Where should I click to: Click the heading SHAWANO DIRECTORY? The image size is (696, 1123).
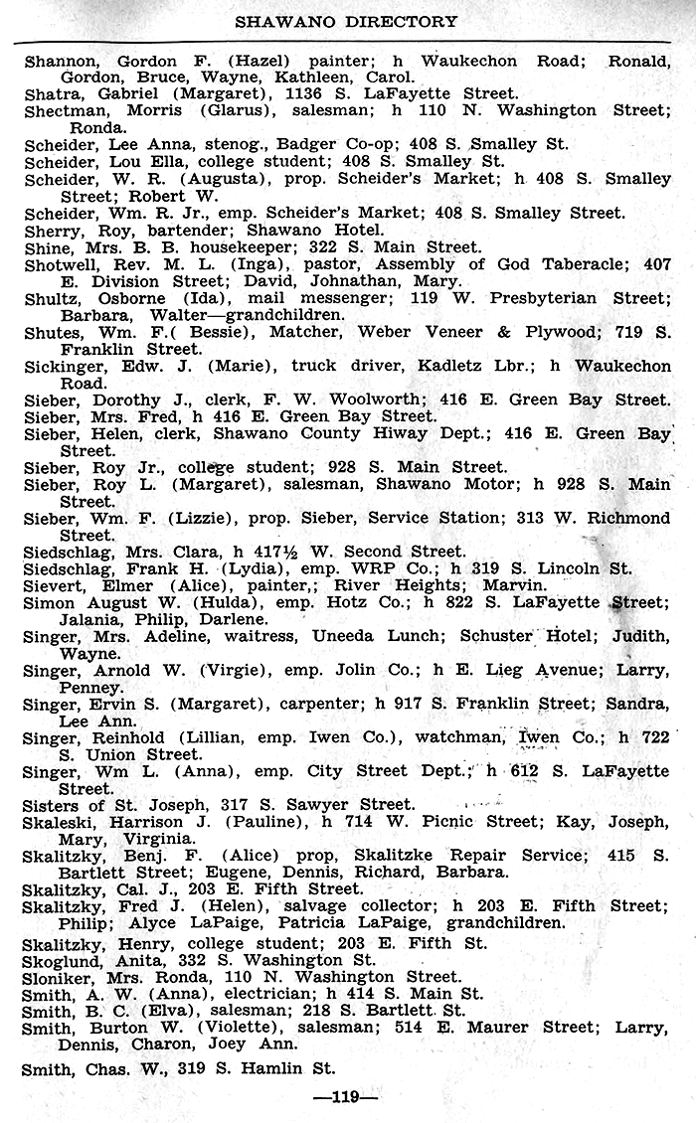pyautogui.click(x=346, y=21)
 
